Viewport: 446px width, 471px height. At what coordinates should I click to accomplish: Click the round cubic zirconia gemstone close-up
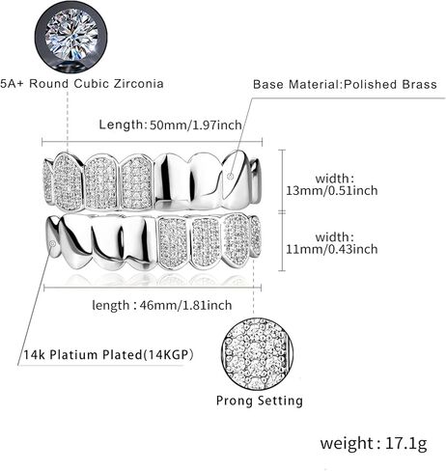coord(71,39)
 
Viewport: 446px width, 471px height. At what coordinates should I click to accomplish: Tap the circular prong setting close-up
coord(257,354)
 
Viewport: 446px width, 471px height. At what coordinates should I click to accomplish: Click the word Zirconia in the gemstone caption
coord(138,84)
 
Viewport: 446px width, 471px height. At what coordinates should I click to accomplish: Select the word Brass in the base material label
coord(419,84)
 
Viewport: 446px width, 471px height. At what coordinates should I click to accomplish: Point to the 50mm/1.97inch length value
coord(196,125)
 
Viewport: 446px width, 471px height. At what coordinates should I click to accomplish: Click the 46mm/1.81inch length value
coord(185,305)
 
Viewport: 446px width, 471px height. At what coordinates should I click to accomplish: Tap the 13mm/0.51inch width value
coord(332,190)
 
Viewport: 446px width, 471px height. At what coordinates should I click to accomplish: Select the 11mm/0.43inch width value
coord(332,249)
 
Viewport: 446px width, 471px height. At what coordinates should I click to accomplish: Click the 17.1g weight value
coord(405,443)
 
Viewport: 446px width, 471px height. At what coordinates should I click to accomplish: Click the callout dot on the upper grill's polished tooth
coord(230,176)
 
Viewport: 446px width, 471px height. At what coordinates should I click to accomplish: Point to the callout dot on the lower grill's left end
coord(53,244)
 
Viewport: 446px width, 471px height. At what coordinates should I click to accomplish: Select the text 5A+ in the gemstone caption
coord(13,84)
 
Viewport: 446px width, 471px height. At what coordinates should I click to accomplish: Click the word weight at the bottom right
coord(346,443)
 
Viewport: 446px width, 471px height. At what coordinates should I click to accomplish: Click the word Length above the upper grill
coord(121,125)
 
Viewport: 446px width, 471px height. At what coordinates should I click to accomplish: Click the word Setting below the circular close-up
coord(281,401)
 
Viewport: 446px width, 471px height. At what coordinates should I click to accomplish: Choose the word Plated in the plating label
coord(123,355)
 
